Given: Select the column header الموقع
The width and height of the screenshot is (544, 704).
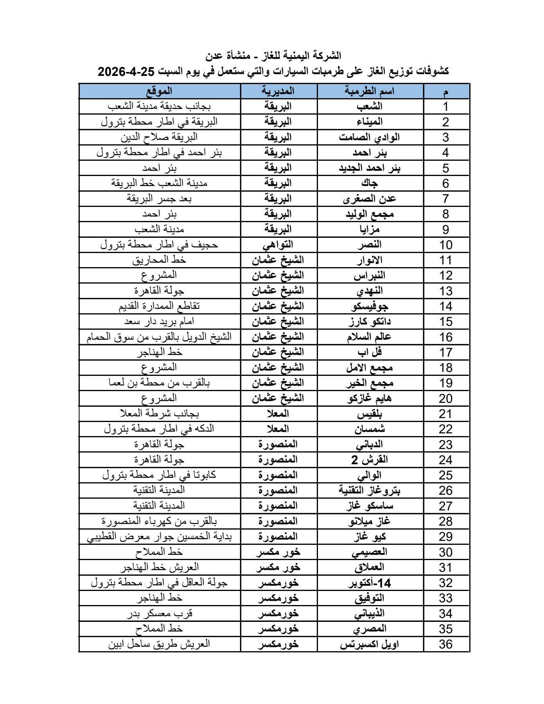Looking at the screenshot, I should coord(159,91).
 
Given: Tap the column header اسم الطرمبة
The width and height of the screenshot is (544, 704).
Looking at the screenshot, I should coord(370,91).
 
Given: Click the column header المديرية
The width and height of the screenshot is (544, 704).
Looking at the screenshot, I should coord(278,91).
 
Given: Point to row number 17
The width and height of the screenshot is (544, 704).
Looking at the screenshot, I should coord(445,352).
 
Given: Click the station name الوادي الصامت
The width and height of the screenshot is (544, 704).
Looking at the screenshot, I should coord(370,137).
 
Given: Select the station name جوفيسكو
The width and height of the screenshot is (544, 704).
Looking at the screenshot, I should coord(370,306).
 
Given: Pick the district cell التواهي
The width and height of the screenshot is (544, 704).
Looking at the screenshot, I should coord(278,245).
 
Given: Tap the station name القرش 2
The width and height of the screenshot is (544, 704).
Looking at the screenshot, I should coord(370,460).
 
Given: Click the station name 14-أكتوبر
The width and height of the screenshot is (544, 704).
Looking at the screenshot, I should coord(370,583).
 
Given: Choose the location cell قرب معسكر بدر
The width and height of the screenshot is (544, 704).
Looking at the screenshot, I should coord(159,614).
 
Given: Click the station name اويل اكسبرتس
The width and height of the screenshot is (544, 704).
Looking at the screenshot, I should coord(370,645).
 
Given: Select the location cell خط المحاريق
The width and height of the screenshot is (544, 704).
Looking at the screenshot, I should coord(159,260).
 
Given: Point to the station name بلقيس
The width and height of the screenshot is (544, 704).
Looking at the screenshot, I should coord(370,414).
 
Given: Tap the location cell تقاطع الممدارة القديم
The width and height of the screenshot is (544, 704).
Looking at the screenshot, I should coord(159,306).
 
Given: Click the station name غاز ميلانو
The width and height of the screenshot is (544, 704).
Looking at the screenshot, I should coord(370,521).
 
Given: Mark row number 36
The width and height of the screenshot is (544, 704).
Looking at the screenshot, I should coord(445,645).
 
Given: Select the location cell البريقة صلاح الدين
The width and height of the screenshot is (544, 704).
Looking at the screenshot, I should coord(159,137).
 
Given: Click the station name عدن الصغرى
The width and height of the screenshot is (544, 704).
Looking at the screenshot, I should coord(370,199).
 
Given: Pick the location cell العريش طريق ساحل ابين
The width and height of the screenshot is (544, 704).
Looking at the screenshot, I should coord(159,645).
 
